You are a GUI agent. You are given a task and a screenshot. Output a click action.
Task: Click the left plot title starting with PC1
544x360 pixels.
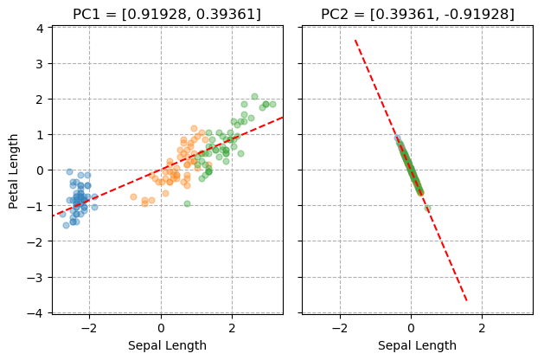point(167,14)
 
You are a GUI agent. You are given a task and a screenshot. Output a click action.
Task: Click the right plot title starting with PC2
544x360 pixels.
point(417,14)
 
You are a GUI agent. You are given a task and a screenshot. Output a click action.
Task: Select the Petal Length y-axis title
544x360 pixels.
point(14,170)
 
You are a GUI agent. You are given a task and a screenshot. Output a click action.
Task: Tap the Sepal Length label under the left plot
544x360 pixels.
point(167,345)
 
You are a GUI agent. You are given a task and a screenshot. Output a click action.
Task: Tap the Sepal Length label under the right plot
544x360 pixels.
point(417,345)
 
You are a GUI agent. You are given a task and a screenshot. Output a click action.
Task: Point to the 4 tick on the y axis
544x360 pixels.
point(39,28)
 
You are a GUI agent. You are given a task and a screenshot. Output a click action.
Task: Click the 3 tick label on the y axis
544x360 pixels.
point(39,63)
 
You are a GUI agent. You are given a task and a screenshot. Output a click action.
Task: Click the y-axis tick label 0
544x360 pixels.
point(39,170)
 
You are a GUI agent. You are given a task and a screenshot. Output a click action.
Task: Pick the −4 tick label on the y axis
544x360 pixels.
point(35,312)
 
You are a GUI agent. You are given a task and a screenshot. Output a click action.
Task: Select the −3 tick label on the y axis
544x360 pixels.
point(35,277)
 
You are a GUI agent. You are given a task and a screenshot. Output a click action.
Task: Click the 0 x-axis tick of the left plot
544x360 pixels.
point(161,328)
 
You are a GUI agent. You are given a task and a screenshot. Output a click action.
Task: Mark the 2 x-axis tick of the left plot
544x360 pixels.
point(232,328)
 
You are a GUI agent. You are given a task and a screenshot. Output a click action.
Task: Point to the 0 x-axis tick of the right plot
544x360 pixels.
point(411,328)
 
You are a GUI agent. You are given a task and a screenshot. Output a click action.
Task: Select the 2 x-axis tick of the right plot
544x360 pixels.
point(482,328)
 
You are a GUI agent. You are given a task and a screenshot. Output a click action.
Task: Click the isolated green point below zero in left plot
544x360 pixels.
point(187,203)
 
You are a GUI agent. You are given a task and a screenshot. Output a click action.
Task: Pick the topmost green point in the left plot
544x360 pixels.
point(254,97)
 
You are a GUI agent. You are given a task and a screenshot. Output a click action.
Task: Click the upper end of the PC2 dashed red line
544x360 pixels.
point(355,40)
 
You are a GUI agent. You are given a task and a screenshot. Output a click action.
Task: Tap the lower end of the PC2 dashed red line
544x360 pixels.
point(467,300)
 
